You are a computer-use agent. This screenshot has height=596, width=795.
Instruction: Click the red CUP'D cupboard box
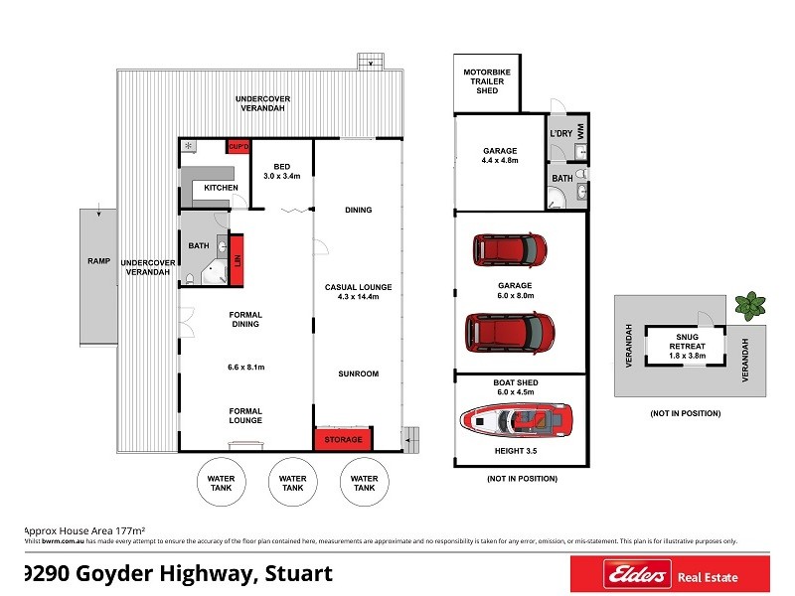[238, 148]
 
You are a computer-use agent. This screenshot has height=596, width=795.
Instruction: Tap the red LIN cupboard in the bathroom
[237, 259]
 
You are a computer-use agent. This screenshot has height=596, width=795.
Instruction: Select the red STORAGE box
[344, 439]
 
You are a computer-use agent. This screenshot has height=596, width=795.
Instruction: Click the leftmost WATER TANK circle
[221, 483]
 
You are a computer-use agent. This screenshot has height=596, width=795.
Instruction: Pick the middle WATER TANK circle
[292, 483]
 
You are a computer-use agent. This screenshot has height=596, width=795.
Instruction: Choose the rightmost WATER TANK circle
[364, 483]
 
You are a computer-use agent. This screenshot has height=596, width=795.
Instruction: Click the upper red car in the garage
[508, 248]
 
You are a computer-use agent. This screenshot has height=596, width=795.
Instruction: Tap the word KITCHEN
[221, 188]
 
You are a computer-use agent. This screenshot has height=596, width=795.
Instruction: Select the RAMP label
[98, 260]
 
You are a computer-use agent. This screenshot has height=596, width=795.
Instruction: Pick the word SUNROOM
[359, 373]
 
